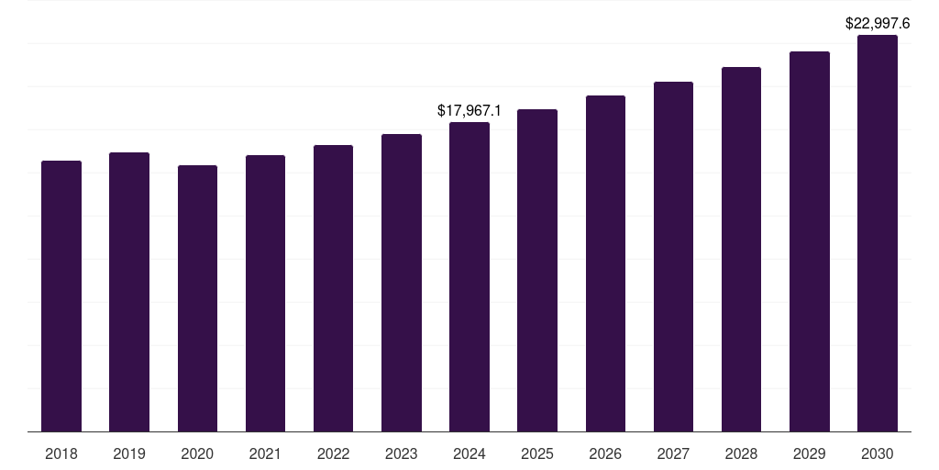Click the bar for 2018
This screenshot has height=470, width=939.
coord(61,296)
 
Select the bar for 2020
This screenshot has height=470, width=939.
coord(197,298)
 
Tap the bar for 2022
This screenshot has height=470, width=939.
coord(333,288)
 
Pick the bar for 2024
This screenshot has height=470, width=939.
coord(469,276)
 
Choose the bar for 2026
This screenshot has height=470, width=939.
coord(605,263)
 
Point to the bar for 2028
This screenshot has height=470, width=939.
coord(741,249)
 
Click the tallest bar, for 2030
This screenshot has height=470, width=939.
coord(878,233)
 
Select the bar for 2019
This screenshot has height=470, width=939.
coord(129,292)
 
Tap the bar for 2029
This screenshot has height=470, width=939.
coord(810,241)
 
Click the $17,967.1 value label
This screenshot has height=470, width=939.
coord(469,111)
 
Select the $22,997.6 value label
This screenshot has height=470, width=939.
coord(878,24)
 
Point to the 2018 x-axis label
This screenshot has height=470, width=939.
coord(61,453)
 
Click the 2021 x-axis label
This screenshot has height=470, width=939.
coord(265,453)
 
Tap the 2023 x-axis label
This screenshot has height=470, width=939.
coord(402,453)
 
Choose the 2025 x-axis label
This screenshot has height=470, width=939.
coord(537,453)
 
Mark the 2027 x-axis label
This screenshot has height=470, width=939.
coord(673,453)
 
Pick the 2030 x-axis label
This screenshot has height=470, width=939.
coord(878,453)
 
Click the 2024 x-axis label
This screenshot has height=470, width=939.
coord(469,453)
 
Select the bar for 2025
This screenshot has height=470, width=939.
coord(537,270)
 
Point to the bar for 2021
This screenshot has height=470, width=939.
coord(265,293)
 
